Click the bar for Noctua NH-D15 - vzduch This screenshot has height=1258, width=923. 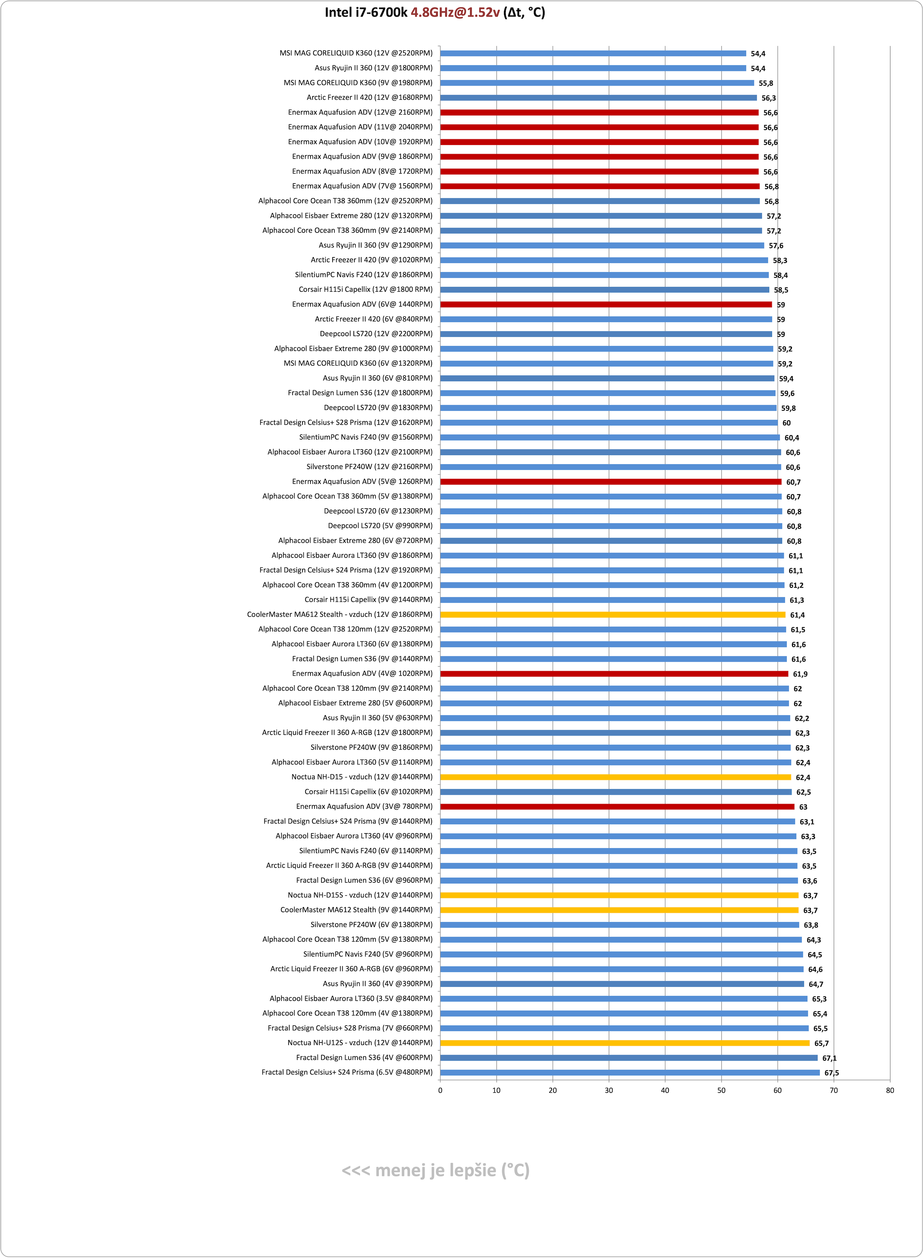tap(616, 777)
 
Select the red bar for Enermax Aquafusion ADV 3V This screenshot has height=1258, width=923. tap(617, 807)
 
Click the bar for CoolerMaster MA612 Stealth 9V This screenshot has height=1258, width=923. tap(620, 910)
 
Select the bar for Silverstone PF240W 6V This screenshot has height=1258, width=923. tap(620, 925)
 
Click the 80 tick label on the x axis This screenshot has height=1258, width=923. tap(890, 1090)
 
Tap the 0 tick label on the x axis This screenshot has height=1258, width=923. tap(440, 1090)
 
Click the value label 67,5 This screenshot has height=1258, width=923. tap(832, 1073)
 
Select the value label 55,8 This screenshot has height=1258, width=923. tap(766, 83)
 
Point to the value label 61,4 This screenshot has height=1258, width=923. tap(797, 615)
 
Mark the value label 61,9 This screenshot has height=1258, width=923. tap(800, 674)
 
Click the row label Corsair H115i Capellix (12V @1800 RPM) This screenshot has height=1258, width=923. tap(366, 290)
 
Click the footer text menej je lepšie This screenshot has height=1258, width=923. tap(436, 1170)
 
